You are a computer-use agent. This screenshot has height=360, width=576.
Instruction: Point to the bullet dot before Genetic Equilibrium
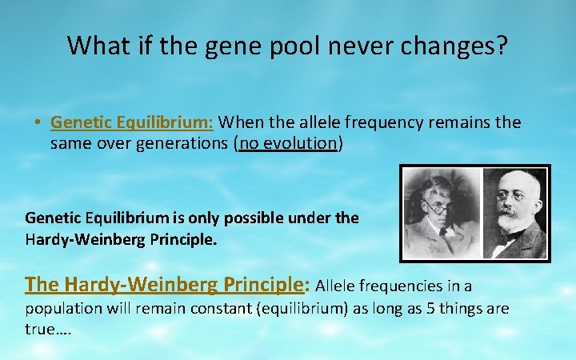pos(38,124)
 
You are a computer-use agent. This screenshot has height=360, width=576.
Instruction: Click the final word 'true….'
pos(48,330)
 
